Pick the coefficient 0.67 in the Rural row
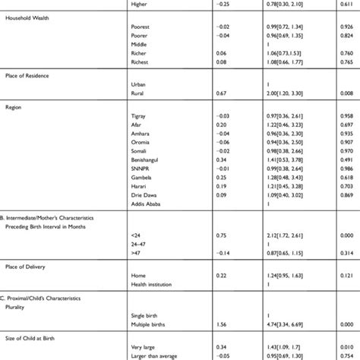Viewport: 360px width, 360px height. pyautogui.click(x=211, y=92)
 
